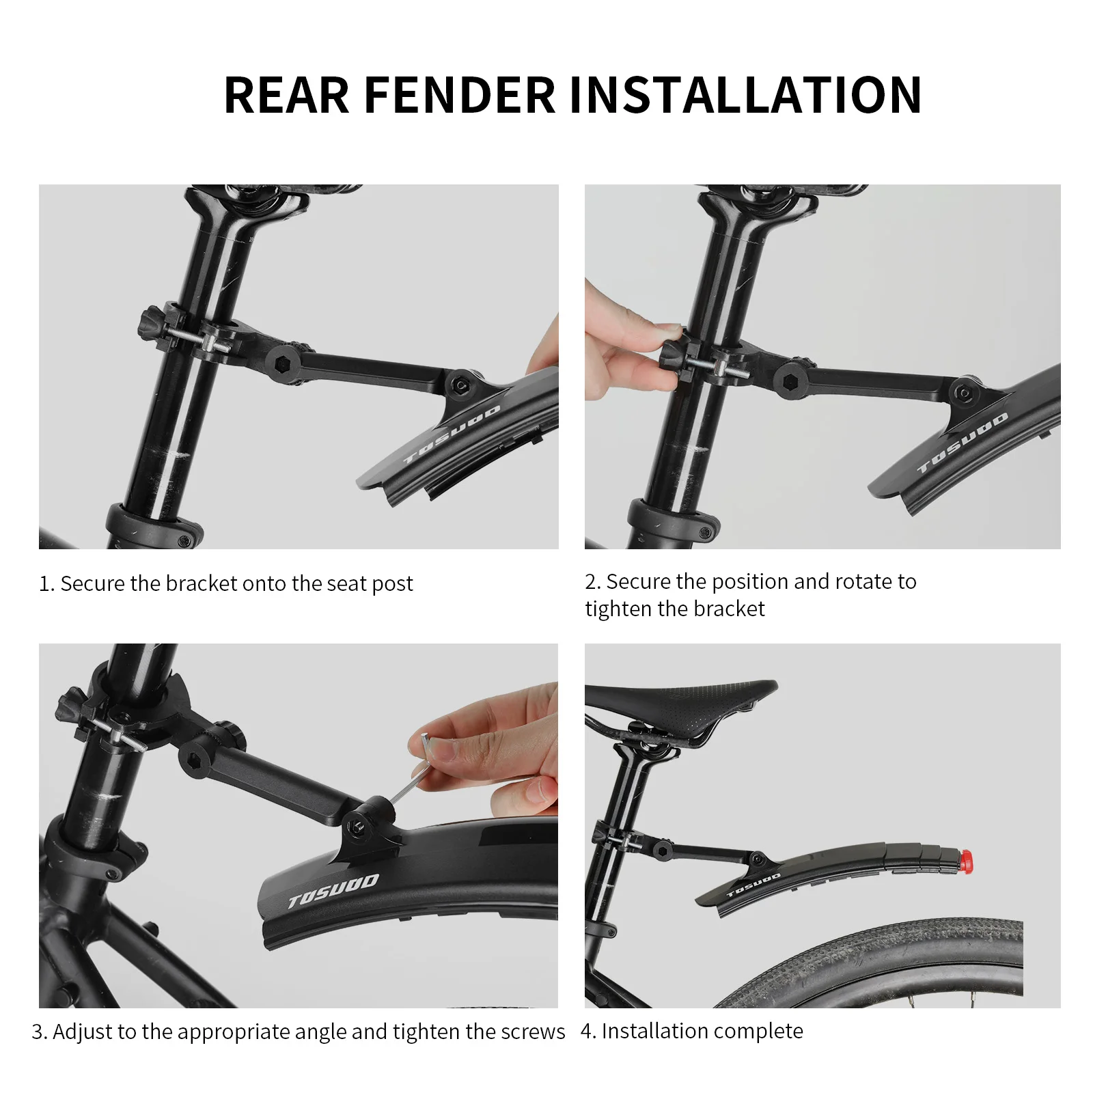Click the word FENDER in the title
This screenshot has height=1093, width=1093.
pyautogui.click(x=460, y=95)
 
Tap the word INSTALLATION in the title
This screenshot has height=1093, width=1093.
pyautogui.click(x=745, y=95)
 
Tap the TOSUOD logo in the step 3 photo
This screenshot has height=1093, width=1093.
pyautogui.click(x=333, y=891)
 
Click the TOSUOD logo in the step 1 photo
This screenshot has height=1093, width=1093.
pyautogui.click(x=452, y=434)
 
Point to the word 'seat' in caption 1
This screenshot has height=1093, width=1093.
pyautogui.click(x=347, y=583)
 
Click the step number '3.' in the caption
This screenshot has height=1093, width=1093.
pyautogui.click(x=39, y=1032)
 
